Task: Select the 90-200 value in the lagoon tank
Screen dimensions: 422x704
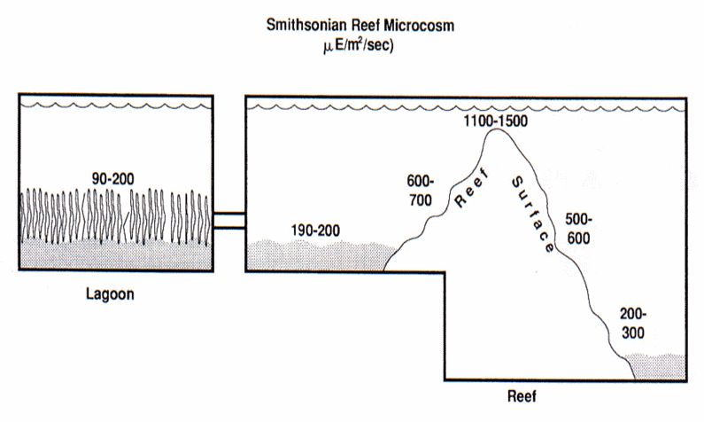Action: [114, 177]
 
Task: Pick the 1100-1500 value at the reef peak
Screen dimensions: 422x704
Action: [494, 120]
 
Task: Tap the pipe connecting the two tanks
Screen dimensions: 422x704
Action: [228, 221]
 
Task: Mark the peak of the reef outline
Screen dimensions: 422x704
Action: [498, 130]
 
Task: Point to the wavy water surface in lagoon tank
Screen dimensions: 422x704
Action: [114, 105]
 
